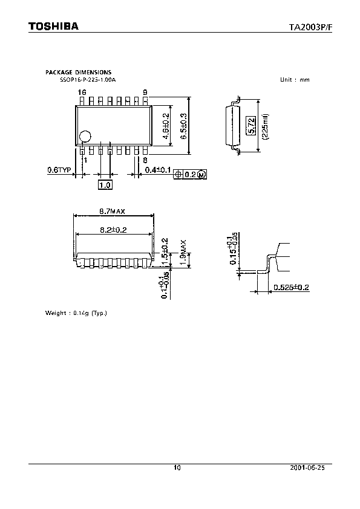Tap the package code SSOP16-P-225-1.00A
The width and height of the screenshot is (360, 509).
click(87, 80)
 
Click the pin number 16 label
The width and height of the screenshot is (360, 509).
click(82, 92)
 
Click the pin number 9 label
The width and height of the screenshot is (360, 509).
click(145, 92)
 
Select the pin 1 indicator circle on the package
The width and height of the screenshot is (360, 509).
click(87, 137)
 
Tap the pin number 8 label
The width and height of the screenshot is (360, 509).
click(145, 160)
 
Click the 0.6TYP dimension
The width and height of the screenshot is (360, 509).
click(59, 170)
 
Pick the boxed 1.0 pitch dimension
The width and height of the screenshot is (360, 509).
click(105, 185)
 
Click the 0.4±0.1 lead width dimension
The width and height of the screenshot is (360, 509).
click(157, 170)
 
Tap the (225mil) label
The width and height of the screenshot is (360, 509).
click(265, 127)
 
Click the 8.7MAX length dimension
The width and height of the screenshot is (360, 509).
click(113, 211)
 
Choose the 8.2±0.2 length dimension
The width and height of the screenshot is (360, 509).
click(113, 229)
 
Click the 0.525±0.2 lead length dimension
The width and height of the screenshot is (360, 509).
click(291, 287)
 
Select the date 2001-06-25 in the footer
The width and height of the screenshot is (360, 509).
click(312, 468)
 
